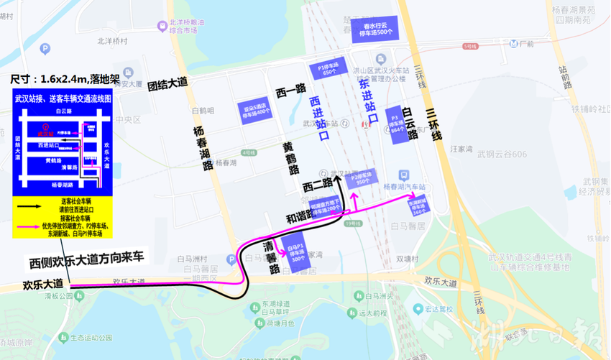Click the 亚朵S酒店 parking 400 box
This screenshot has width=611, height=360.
(x=257, y=109)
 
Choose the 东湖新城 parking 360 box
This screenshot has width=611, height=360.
(x=418, y=206)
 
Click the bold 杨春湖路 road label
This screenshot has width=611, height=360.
(x=203, y=147)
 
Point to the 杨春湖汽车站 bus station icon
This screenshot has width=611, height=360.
(x=404, y=175)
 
